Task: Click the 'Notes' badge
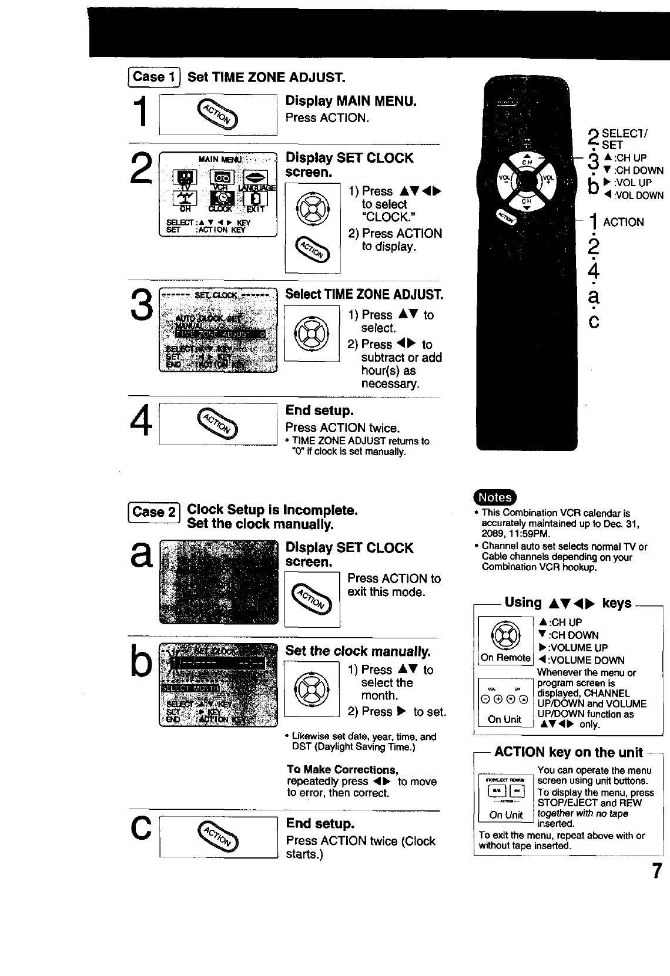[x=495, y=497]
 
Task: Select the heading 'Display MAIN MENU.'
[x=351, y=101]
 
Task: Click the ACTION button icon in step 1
[x=218, y=113]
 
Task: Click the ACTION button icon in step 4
[x=218, y=423]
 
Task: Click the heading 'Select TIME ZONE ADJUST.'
[x=364, y=294]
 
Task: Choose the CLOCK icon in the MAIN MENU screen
[x=226, y=200]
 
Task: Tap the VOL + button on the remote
[x=548, y=180]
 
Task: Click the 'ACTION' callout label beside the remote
[x=623, y=222]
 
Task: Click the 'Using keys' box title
[x=568, y=603]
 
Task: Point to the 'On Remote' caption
[x=505, y=658]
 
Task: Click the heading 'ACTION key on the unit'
[x=568, y=752]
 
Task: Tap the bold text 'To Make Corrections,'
[x=343, y=769]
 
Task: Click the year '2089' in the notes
[x=493, y=534]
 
